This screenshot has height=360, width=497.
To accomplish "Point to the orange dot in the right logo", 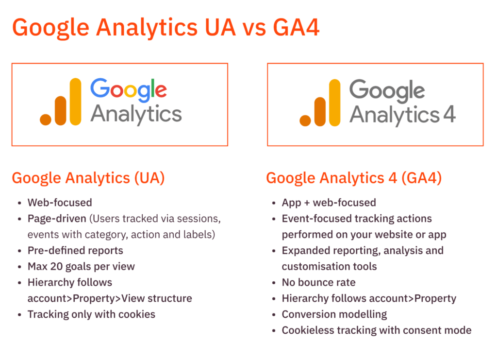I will [305, 120].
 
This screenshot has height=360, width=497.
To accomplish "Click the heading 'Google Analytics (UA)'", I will [88, 178].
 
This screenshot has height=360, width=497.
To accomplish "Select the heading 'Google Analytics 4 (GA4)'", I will [354, 178].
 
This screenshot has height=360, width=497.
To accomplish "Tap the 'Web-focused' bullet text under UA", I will [60, 203].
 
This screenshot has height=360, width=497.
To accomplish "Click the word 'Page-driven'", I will [55, 218].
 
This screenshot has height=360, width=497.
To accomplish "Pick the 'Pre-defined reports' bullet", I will [75, 250].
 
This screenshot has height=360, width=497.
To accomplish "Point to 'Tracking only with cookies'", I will [91, 314].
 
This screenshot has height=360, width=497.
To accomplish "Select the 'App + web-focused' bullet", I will [329, 203].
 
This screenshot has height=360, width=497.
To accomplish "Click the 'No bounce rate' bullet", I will [318, 282].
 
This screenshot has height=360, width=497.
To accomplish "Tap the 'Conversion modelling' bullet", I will [334, 314].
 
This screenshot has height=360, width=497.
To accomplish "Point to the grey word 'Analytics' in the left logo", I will [136, 115].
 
